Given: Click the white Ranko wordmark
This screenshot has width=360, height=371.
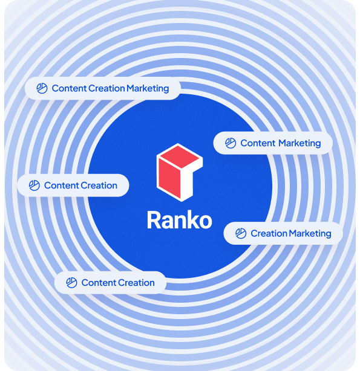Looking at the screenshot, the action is coord(180,220).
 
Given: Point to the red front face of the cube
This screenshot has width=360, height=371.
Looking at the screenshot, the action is coord(169,178).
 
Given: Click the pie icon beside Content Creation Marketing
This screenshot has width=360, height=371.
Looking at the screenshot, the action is coord(42,88).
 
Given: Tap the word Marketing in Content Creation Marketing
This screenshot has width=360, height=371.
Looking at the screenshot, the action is coord(148,88).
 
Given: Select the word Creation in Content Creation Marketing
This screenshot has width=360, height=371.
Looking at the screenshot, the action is coord(106,88).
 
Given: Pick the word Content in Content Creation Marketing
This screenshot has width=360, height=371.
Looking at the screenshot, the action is coord(69,88).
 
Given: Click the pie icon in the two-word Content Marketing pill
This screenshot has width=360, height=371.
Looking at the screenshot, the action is coord(231,143).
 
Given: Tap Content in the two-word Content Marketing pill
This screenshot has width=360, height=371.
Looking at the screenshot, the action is coord(258,143).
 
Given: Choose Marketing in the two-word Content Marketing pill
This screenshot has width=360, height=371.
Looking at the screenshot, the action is coord(299,143).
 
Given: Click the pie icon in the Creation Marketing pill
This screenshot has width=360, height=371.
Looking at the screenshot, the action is coord(241,233).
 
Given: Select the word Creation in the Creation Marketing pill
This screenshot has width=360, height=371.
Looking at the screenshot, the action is coord(269,233).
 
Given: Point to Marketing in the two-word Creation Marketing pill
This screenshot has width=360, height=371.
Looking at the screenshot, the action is coord(310,233).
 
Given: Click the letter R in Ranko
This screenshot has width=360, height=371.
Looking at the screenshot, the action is coord(154,220).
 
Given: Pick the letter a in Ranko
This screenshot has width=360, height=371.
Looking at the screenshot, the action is coord(169,222).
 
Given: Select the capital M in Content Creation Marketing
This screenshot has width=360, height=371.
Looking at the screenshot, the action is coord(131,88).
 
